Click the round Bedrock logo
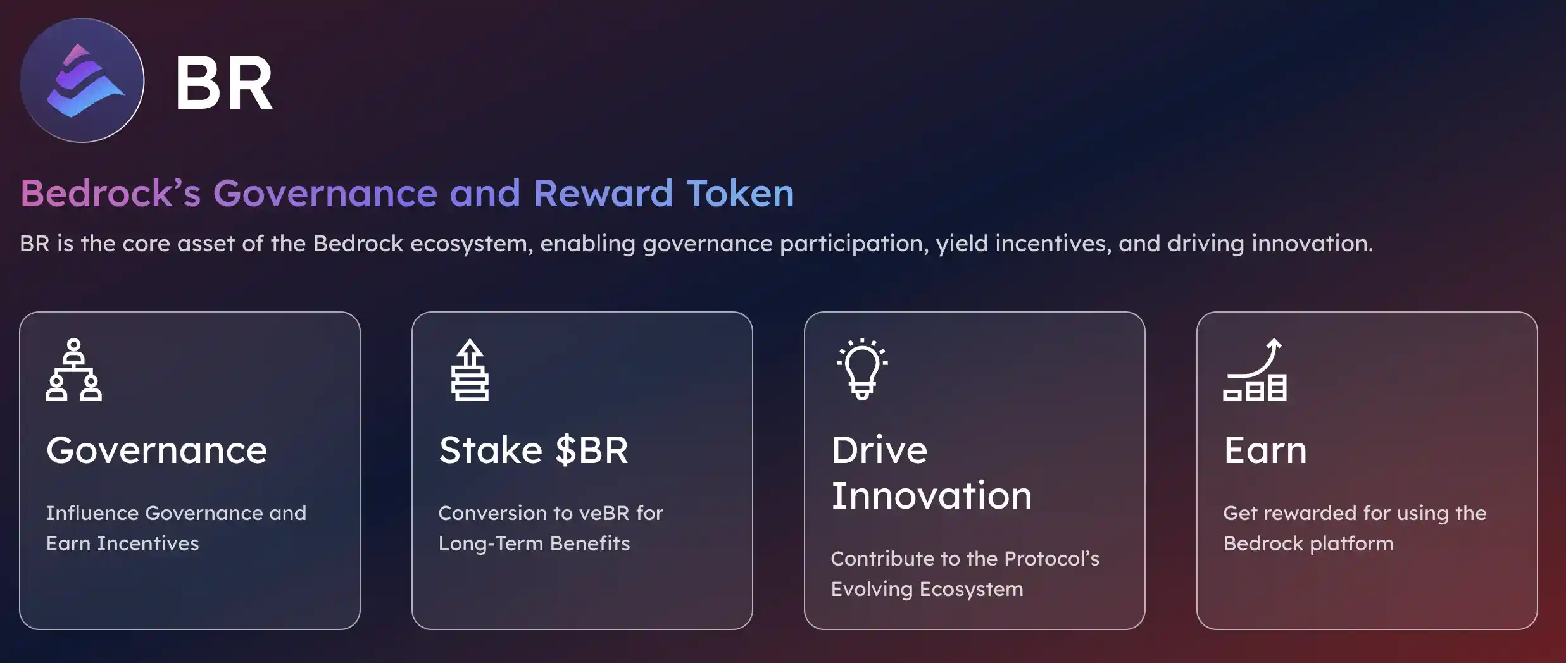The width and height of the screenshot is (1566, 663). click(82, 80)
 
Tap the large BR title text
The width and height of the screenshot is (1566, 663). click(223, 83)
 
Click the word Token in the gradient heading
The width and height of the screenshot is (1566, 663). click(740, 193)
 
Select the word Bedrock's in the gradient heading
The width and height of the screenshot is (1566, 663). click(111, 193)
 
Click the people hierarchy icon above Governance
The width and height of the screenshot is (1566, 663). click(73, 370)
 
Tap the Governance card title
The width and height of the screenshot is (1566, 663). click(157, 450)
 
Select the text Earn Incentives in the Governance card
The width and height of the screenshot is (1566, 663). click(123, 543)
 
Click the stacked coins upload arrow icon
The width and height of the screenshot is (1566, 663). click(470, 370)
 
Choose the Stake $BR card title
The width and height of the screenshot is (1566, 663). click(534, 450)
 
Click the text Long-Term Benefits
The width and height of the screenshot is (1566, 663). click(534, 543)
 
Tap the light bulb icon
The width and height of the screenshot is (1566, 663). click(862, 369)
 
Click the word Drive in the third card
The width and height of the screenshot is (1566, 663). click(879, 450)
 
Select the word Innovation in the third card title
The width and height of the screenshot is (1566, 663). click(932, 495)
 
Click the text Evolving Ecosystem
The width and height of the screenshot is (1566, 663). click(927, 589)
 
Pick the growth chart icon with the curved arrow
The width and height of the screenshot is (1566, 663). click(1255, 370)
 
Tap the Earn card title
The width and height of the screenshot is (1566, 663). click(1265, 450)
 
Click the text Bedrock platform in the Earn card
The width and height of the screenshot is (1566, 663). click(1308, 543)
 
